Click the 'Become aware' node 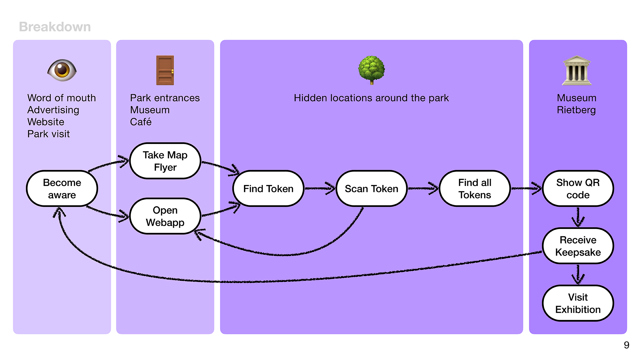click(x=62, y=189)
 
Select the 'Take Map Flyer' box click(x=165, y=161)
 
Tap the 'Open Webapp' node click(x=165, y=216)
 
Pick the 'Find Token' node click(x=268, y=189)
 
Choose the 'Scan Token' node click(x=371, y=189)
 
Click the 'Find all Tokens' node click(x=475, y=189)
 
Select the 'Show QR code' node click(x=578, y=189)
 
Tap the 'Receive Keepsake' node click(x=578, y=246)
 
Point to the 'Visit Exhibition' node click(x=578, y=303)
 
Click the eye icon click(x=62, y=70)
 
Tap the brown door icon click(x=165, y=70)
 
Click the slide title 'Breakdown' click(x=55, y=27)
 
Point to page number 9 click(x=626, y=345)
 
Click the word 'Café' click(x=141, y=122)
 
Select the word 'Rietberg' click(x=576, y=110)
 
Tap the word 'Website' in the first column click(x=46, y=122)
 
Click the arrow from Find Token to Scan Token click(x=320, y=189)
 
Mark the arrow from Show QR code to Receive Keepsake click(x=578, y=217)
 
